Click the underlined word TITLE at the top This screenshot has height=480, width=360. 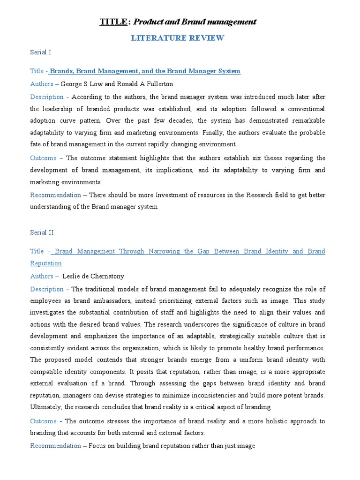tap(113, 22)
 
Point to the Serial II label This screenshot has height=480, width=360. tap(42, 232)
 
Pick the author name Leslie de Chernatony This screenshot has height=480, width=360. tap(93, 276)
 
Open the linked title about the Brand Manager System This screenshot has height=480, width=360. tap(145, 71)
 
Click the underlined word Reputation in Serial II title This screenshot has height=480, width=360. tap(46, 263)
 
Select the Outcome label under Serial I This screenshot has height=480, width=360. tap(44, 158)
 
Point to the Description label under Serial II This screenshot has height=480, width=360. tap(47, 289)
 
